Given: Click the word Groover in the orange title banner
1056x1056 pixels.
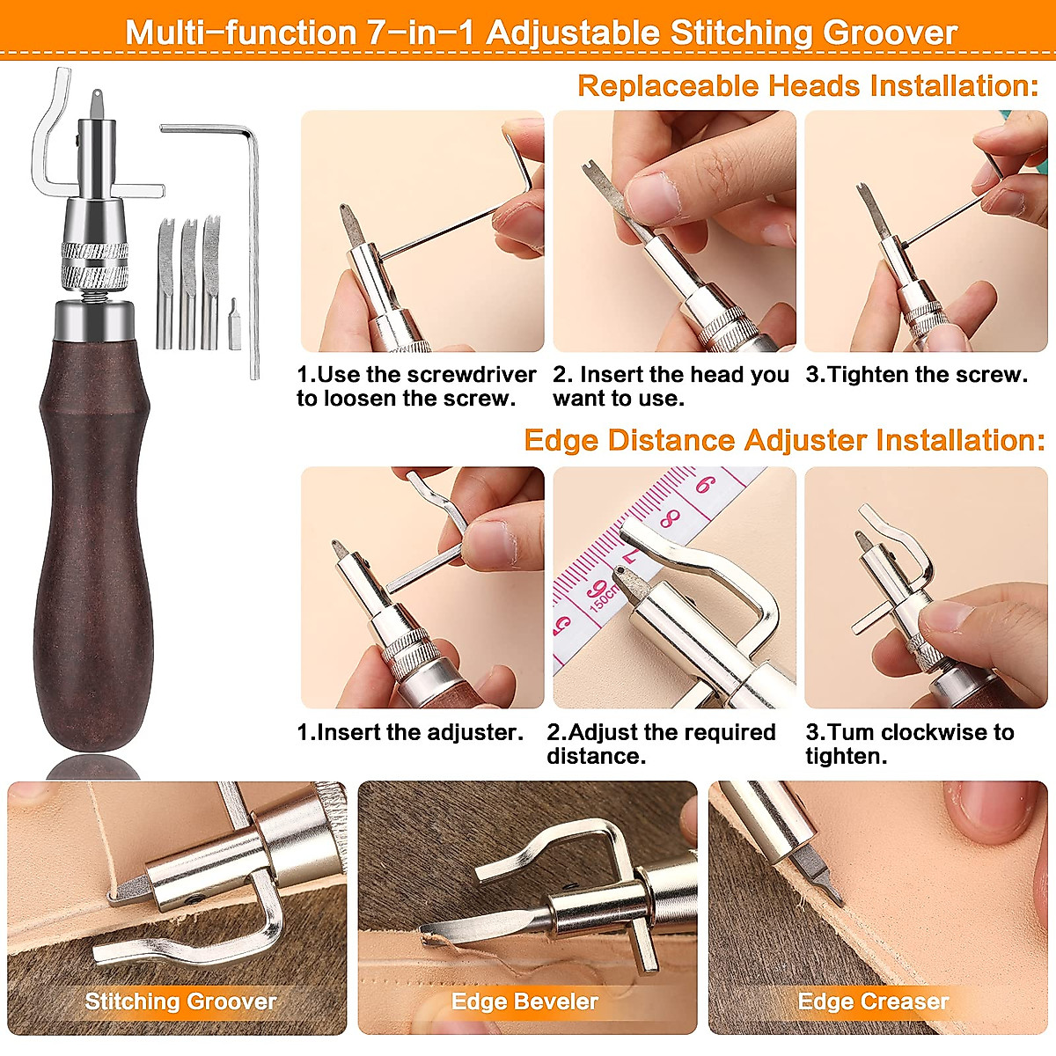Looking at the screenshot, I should [x=890, y=33].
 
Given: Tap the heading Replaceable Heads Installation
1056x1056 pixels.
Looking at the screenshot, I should [x=808, y=86].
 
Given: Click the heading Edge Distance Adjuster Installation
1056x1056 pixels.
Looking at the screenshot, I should [x=784, y=440].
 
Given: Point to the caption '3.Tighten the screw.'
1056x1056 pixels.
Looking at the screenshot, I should [x=916, y=375].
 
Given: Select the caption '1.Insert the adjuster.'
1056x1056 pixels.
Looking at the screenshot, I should [x=410, y=732].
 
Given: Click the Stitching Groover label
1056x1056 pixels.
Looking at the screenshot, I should [x=180, y=1001].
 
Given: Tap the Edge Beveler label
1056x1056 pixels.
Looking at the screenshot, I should [x=524, y=1001].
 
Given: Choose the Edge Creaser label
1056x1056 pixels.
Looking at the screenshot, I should [x=873, y=1001].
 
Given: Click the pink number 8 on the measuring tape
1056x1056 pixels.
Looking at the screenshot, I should [x=671, y=517].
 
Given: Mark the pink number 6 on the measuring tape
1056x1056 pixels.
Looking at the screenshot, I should [x=705, y=484].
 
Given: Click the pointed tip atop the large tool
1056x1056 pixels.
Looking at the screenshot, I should [x=96, y=99].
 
